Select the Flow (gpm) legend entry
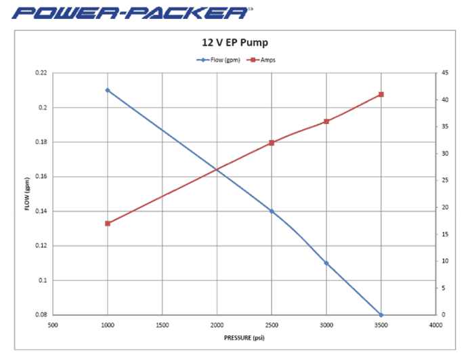click(218, 60)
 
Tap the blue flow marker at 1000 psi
click(108, 90)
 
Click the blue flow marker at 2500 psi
click(272, 211)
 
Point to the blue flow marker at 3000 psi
click(326, 263)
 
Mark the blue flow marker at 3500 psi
click(381, 315)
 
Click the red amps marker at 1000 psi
click(108, 224)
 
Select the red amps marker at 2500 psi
click(272, 143)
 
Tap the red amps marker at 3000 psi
click(326, 121)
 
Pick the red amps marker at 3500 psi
click(381, 94)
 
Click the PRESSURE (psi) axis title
click(244, 337)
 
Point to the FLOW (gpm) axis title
click(28, 194)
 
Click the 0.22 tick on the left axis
click(41, 73)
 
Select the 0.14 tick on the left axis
click(41, 211)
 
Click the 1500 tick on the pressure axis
click(162, 325)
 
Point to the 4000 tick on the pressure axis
click(435, 325)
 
